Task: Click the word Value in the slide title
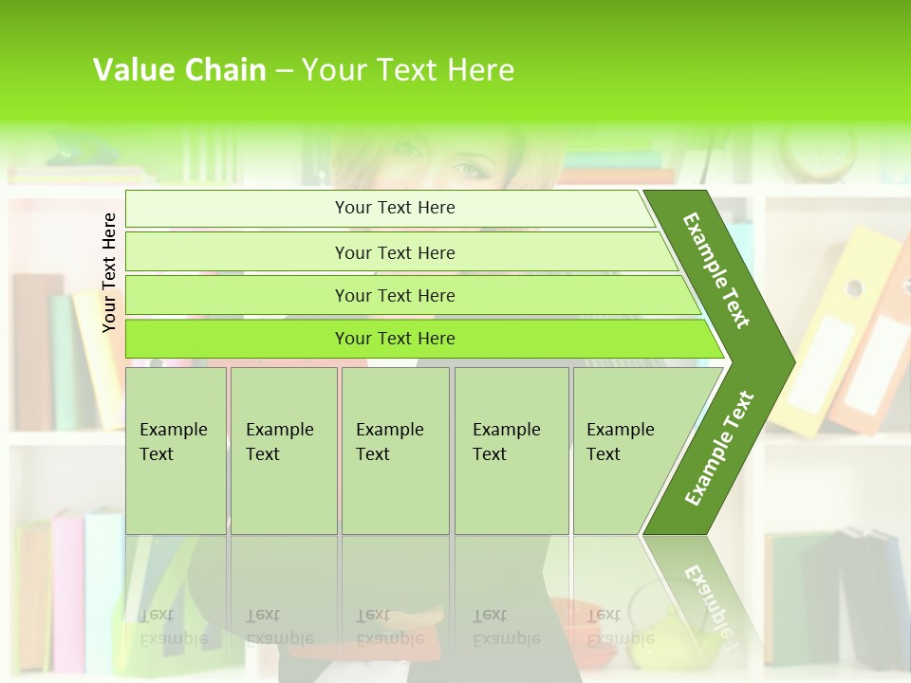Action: tap(131, 69)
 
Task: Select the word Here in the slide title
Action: tap(480, 69)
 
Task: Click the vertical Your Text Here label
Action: tap(110, 272)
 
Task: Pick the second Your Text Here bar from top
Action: tap(395, 252)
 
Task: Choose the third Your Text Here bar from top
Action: tap(395, 295)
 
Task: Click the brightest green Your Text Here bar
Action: tap(395, 339)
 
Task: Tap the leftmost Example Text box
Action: tap(176, 451)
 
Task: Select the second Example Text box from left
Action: tap(284, 451)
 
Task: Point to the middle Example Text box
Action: tap(395, 451)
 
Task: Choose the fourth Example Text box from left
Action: tap(511, 451)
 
